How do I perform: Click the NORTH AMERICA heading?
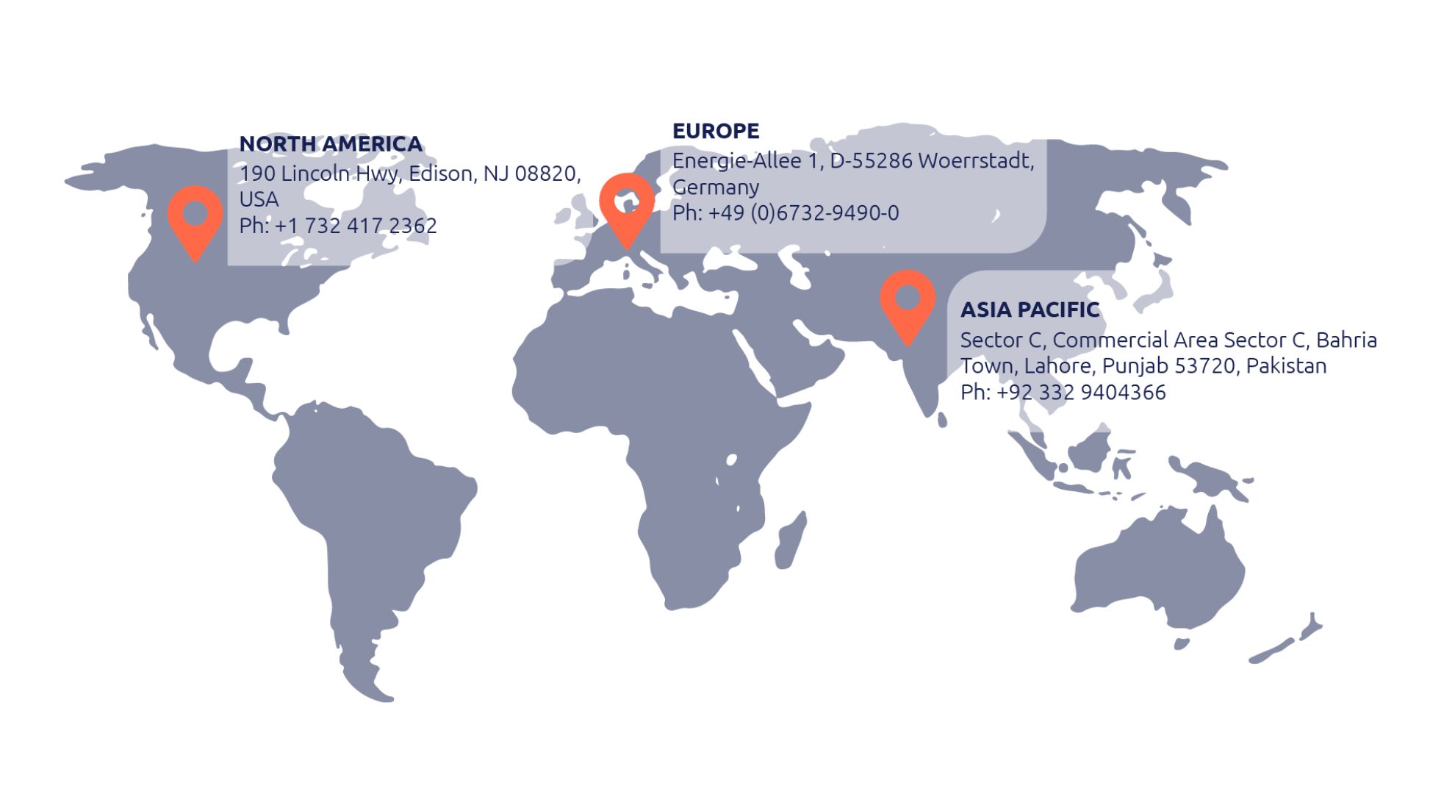tap(331, 144)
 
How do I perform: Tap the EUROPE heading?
tap(716, 131)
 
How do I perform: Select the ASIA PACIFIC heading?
tap(1030, 310)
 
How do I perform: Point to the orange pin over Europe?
tap(626, 207)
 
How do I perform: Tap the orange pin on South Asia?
tap(908, 302)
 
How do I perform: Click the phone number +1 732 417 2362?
tap(356, 226)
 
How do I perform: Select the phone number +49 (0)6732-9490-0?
tap(803, 213)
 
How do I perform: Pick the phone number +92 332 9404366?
tap(1081, 393)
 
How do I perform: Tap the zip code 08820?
tap(545, 174)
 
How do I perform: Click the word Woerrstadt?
tap(976, 161)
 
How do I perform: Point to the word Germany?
tap(716, 187)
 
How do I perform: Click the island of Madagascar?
tap(791, 541)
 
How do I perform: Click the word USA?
tap(259, 200)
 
